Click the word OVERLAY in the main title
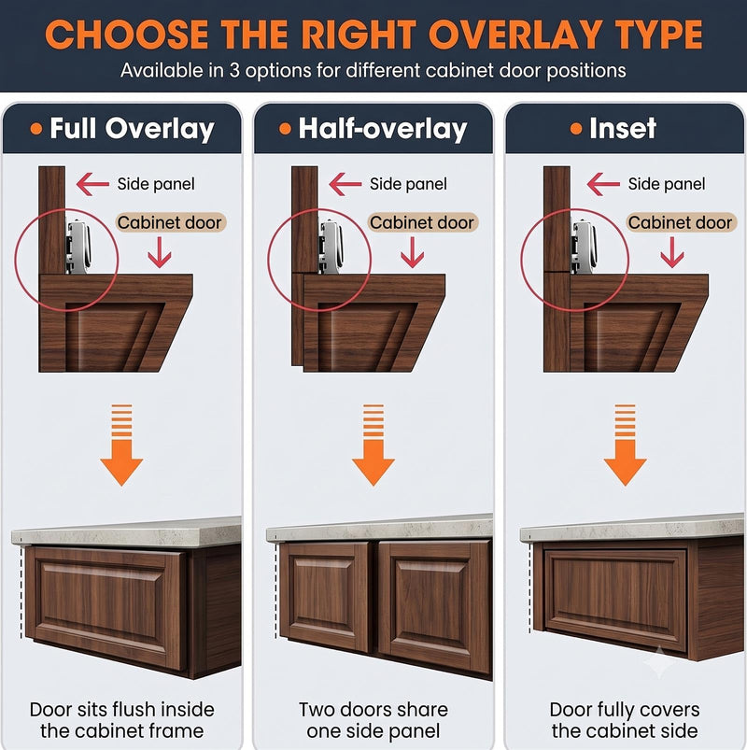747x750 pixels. click(x=514, y=35)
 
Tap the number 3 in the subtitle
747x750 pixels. click(x=234, y=71)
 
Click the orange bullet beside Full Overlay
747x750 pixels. click(x=35, y=128)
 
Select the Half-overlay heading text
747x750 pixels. click(x=383, y=129)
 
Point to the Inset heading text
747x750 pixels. click(x=623, y=128)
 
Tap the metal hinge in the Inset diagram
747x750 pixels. click(x=584, y=247)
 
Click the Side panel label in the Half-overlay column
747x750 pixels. click(x=408, y=184)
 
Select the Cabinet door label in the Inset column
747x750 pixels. click(x=680, y=222)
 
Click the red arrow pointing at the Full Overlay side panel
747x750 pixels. click(x=92, y=184)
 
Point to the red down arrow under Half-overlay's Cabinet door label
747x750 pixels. click(x=412, y=252)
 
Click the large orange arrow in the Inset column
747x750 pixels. click(x=625, y=445)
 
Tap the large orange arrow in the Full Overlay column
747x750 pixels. click(x=121, y=445)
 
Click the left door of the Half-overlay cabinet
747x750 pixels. click(x=325, y=596)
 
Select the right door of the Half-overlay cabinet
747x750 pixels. click(x=434, y=606)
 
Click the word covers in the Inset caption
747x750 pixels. click(x=670, y=710)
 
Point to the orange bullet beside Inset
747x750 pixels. click(x=576, y=128)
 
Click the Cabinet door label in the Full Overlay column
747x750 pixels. click(x=170, y=222)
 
